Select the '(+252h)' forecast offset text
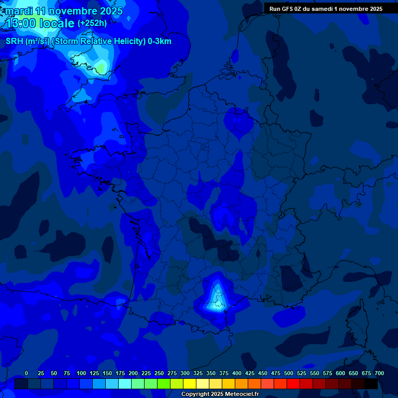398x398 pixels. coord(93,23)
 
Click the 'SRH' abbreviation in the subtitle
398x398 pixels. coord(15,41)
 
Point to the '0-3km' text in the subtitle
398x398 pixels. coord(159,41)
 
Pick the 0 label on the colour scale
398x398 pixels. coord(26,374)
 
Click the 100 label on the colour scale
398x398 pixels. coord(81,374)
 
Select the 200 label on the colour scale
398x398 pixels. coord(133,374)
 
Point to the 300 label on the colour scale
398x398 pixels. coord(185,374)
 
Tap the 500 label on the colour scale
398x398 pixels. coord(289,374)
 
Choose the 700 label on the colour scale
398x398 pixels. coord(379,374)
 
